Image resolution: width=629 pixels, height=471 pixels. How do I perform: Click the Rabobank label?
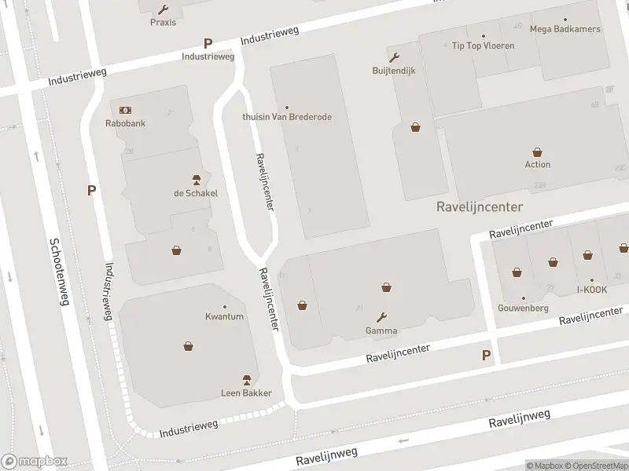click(125, 123)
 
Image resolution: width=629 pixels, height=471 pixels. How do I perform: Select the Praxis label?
click(163, 22)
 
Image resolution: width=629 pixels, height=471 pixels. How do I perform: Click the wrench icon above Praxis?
click(163, 9)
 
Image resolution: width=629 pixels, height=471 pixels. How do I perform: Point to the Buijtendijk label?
click(393, 70)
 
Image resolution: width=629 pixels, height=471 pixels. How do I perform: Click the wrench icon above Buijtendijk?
click(393, 57)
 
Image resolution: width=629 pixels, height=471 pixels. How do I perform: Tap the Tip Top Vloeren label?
click(483, 46)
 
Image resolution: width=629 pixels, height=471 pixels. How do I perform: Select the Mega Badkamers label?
click(565, 29)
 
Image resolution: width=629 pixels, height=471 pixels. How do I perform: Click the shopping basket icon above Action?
click(538, 152)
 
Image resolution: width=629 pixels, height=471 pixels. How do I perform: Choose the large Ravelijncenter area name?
click(480, 207)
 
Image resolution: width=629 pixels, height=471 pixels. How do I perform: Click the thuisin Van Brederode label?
click(287, 117)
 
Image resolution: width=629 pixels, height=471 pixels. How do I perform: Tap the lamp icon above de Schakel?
click(196, 180)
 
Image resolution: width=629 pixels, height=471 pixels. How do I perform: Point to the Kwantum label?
click(224, 316)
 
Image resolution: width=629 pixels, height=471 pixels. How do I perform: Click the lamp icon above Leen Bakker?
click(246, 380)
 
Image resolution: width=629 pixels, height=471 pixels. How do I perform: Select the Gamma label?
click(381, 330)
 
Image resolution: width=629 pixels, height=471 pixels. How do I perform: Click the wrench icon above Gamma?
click(381, 317)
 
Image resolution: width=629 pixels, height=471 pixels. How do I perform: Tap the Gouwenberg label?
click(523, 308)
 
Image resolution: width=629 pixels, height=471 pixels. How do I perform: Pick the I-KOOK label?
click(592, 290)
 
